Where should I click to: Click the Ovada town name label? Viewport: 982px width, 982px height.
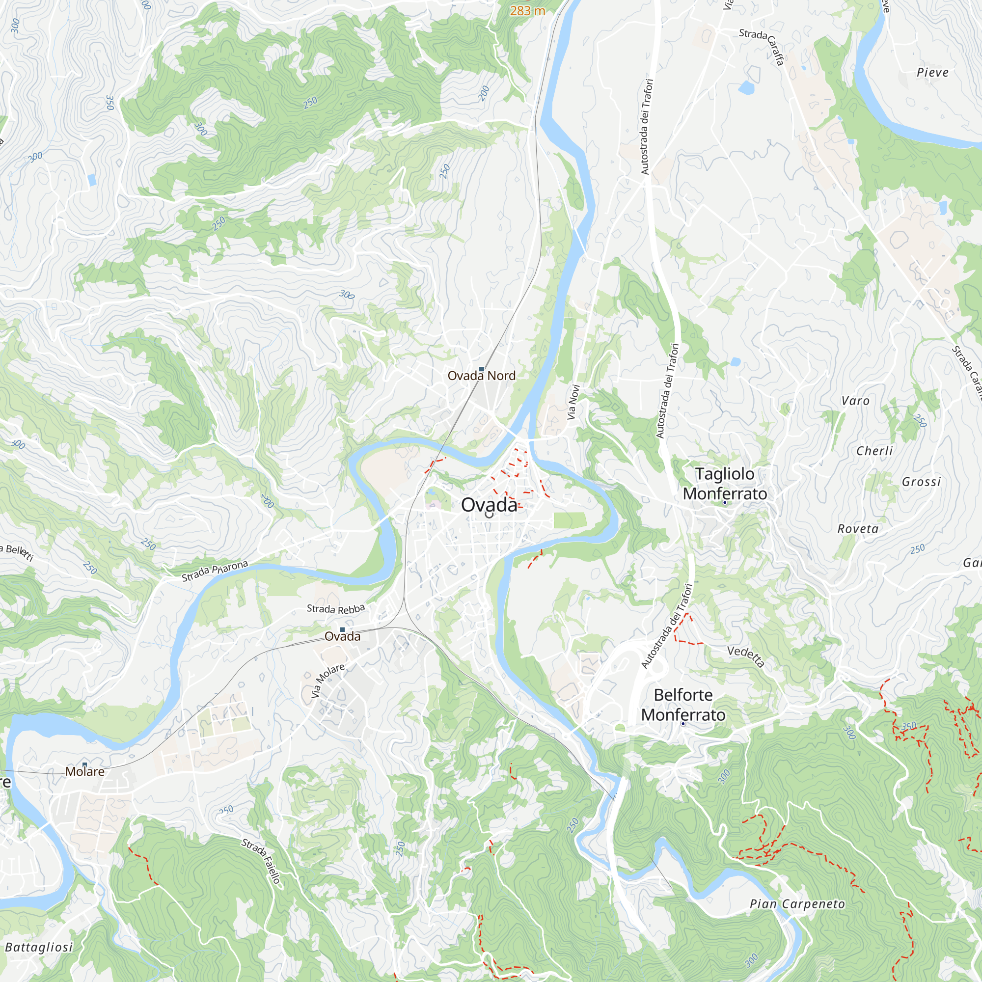489,505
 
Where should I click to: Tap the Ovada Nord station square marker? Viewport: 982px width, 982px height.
481,369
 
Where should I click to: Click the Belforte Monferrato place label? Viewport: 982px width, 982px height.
682,705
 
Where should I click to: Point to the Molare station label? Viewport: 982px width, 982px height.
85,771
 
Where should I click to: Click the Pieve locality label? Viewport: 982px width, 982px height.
932,72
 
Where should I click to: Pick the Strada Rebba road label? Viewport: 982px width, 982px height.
335,608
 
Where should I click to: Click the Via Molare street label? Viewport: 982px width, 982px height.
328,681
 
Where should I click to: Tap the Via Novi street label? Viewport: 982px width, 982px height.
573,402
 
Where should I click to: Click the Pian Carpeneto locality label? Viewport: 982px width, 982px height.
797,904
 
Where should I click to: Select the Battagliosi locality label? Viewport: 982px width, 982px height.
39,947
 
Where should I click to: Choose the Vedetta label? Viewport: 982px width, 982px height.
745,656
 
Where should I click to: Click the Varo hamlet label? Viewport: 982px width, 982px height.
855,401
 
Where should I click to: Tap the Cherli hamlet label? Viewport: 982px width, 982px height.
874,450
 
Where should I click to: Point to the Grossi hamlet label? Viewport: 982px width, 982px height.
921,481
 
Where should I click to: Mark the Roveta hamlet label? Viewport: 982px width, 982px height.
858,529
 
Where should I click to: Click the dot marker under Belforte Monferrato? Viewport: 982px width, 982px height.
683,723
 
